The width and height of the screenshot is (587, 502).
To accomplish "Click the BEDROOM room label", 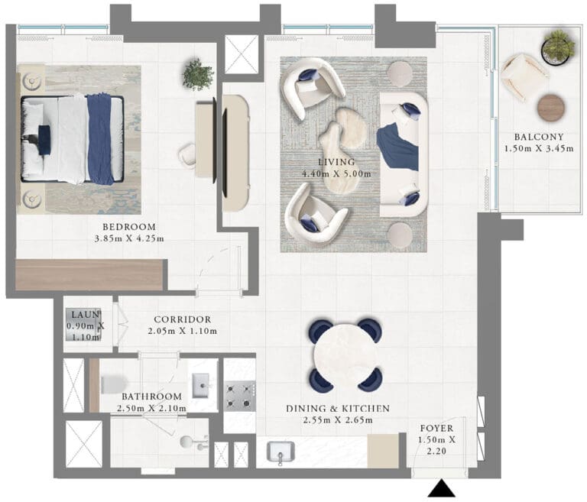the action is [129, 227].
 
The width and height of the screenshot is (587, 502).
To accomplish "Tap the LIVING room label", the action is [336, 162].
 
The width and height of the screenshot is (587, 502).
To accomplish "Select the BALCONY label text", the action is [539, 137].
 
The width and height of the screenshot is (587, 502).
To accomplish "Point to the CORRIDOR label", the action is [183, 319].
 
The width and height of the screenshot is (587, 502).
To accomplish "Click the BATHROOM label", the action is [151, 397].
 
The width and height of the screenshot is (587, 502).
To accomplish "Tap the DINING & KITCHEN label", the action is [338, 409].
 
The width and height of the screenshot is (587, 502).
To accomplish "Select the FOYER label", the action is [436, 428].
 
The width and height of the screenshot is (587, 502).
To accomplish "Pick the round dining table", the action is [345, 355].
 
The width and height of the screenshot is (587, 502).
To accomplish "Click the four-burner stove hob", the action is [240, 396].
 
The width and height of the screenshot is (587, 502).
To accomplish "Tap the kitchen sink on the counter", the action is [281, 452].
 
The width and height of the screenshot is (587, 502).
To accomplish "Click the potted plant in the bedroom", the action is [198, 74].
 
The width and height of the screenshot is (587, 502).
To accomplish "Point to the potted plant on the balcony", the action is [558, 47].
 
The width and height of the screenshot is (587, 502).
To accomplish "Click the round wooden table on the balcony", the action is [551, 108].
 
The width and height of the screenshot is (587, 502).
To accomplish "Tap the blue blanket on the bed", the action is [100, 138].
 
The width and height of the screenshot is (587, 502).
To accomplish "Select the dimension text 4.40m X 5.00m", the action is [336, 173].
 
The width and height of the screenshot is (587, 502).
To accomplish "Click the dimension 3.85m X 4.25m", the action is [129, 238].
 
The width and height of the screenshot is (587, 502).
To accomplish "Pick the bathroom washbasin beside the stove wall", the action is [203, 385].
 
